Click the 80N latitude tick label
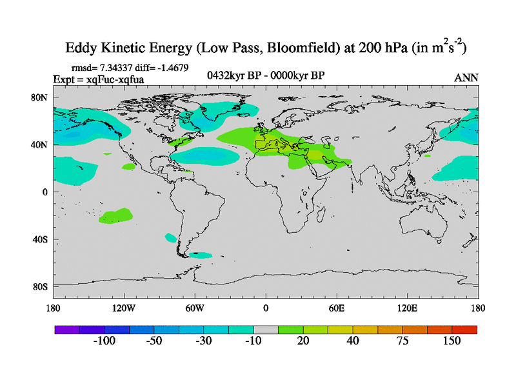(42, 97)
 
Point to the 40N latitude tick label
(42, 144)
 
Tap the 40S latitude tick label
(42, 239)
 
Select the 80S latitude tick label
(42, 286)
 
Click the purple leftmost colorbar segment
(66, 329)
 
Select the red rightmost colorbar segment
(464, 329)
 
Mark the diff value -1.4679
(171, 67)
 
